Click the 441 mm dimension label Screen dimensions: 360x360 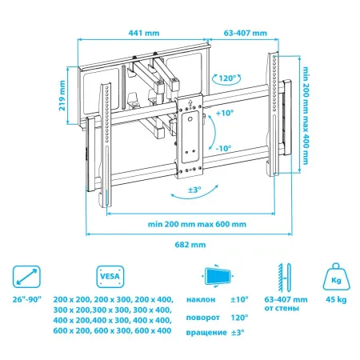(144, 34)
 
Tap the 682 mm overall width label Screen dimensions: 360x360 (191, 245)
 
